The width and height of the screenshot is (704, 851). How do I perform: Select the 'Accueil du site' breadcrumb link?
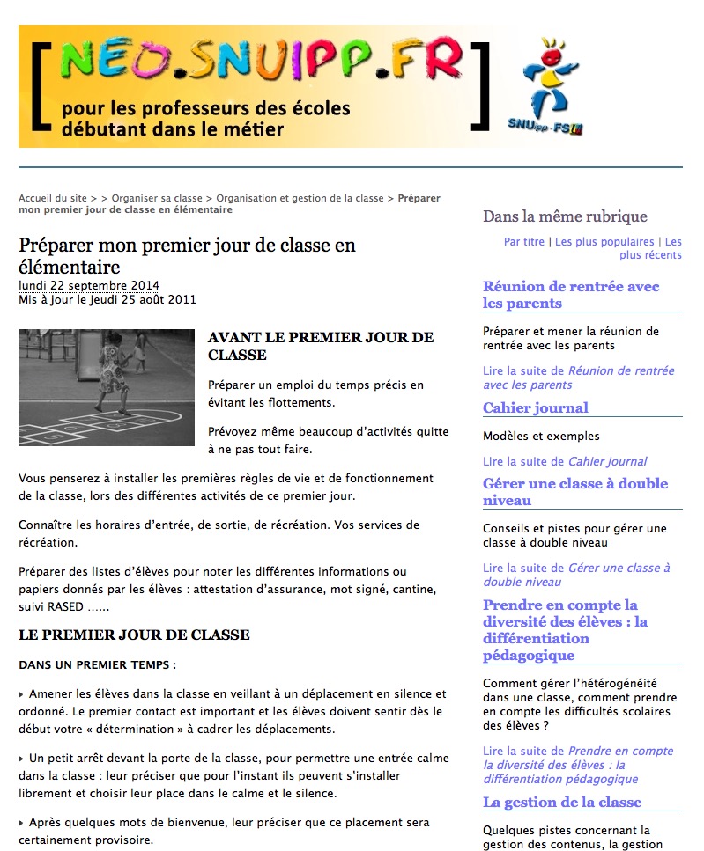coord(53,199)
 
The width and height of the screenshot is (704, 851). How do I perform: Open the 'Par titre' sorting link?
coord(524,242)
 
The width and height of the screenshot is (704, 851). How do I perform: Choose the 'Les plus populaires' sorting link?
coord(604,242)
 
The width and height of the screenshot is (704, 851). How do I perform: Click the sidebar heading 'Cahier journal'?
coord(535,408)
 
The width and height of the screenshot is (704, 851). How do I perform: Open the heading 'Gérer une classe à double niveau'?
coord(574,492)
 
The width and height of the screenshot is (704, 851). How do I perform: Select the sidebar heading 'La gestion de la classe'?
coord(561,803)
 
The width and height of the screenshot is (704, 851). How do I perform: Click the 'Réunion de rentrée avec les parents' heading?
coord(570,295)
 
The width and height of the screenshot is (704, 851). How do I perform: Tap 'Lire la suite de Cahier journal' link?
coord(565,461)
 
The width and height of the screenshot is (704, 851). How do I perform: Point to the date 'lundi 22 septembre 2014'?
coord(89,285)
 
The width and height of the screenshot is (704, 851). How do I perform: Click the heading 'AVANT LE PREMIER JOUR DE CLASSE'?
coord(321,346)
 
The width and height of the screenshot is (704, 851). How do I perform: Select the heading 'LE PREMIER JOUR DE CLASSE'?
coord(134,635)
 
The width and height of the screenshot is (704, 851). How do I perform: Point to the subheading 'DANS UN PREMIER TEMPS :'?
coord(97,664)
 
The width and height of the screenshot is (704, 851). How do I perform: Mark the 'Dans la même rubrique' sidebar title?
coord(565,216)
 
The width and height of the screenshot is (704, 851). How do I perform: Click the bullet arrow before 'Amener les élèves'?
coord(22,694)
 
